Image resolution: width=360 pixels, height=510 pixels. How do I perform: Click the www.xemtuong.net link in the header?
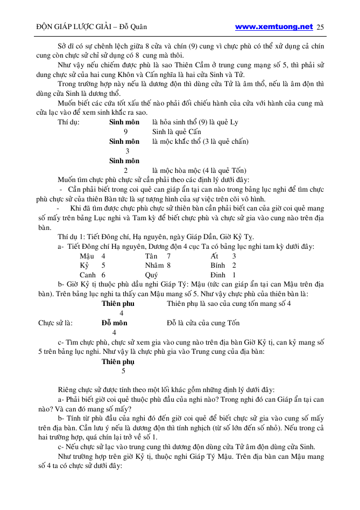[x=274, y=26]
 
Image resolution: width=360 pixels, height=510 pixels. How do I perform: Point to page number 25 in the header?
[x=321, y=27]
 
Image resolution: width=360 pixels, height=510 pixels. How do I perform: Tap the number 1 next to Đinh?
[x=234, y=275]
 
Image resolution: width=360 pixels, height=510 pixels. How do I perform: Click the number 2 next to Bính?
[x=234, y=265]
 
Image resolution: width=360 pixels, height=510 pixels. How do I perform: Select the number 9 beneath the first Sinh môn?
[x=125, y=131]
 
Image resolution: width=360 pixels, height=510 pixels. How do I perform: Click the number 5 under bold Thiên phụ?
[x=123, y=371]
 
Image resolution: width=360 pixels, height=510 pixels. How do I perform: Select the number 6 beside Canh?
[x=103, y=275]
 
